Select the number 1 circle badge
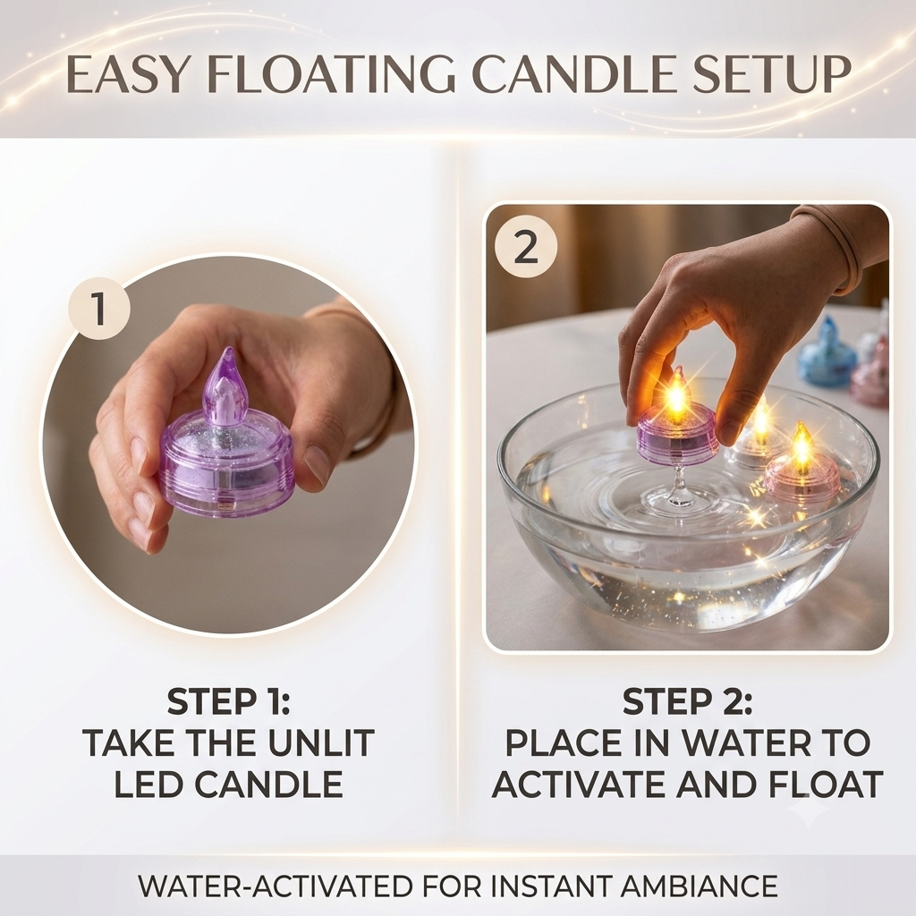coord(98,309)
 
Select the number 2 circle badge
coord(526,247)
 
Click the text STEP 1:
coord(228,701)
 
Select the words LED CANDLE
coord(228,784)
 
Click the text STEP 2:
coord(687,701)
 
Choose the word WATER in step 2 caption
coord(744,742)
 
